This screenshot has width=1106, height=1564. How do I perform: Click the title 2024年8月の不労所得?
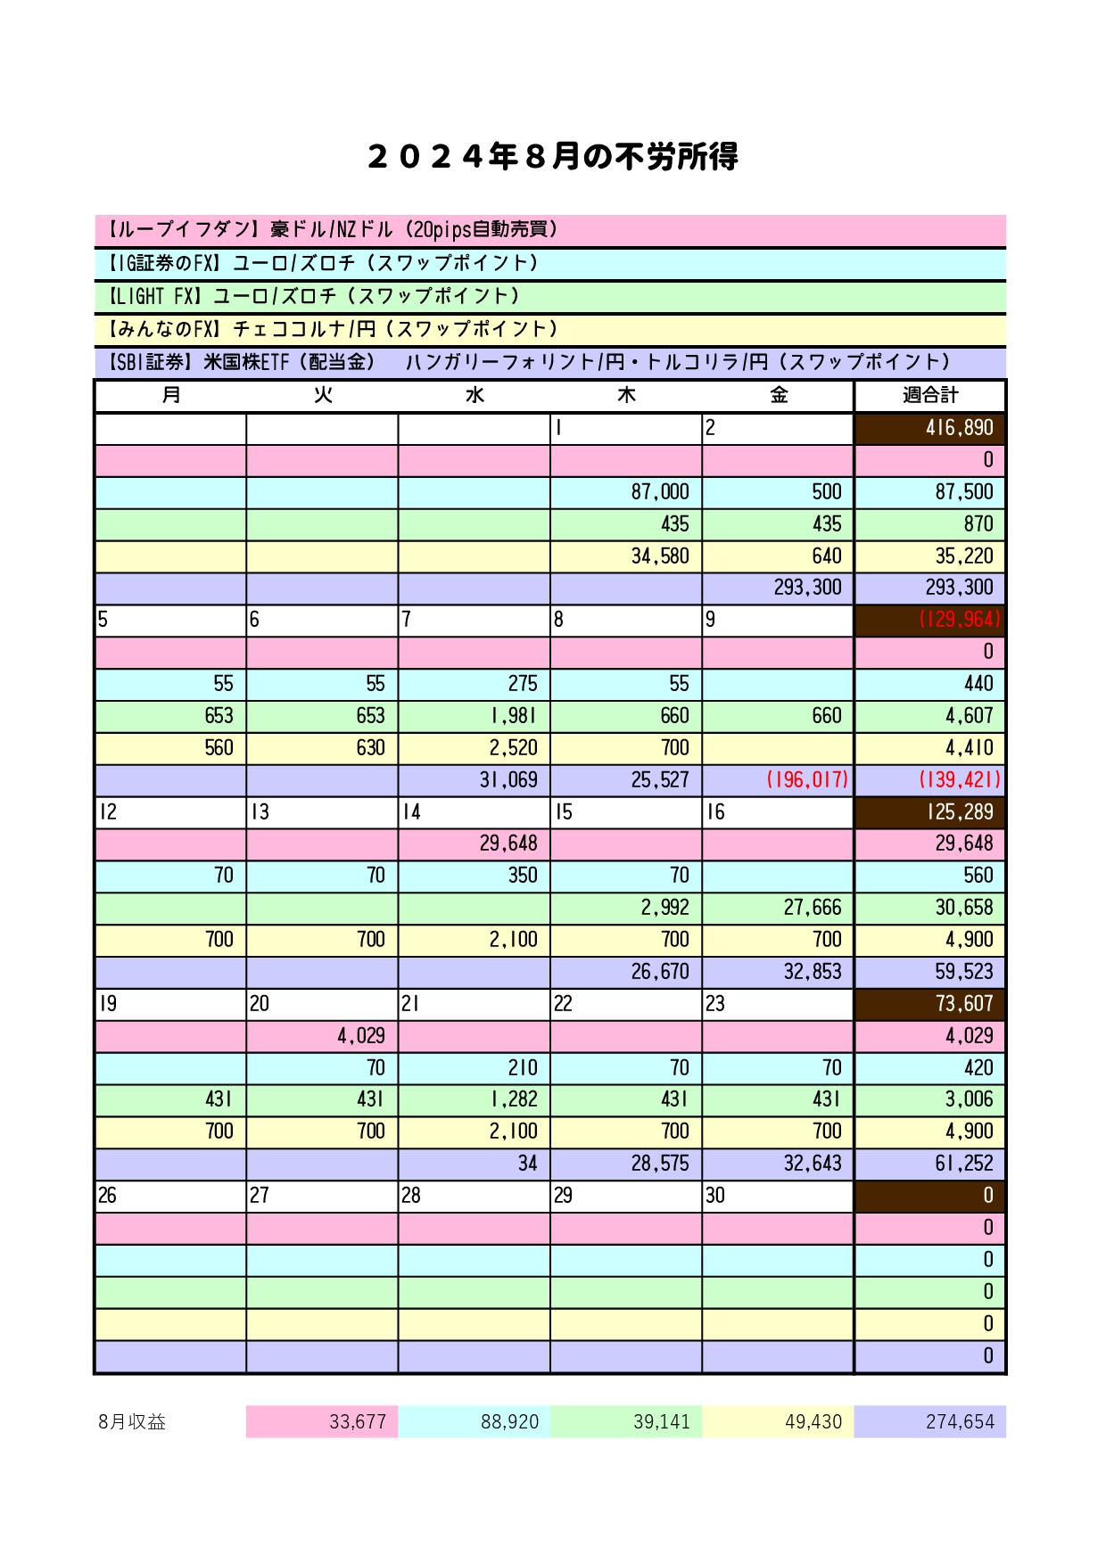pyautogui.click(x=552, y=157)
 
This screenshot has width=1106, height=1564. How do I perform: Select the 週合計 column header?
pyautogui.click(x=929, y=395)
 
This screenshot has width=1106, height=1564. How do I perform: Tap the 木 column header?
pyautogui.click(x=626, y=395)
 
